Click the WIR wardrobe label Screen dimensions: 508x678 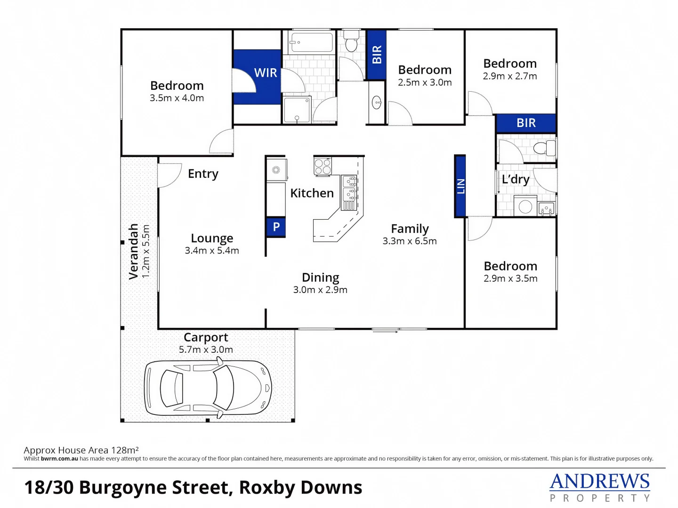[x=266, y=73]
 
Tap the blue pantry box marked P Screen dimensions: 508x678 [x=276, y=227]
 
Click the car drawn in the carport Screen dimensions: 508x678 [x=208, y=389]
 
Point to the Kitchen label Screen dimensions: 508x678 [x=312, y=193]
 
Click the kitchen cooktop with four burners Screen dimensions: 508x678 [x=323, y=166]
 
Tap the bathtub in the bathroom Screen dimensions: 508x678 [x=311, y=42]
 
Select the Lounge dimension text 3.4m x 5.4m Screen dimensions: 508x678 [x=212, y=251]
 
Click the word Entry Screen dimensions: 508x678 [x=203, y=174]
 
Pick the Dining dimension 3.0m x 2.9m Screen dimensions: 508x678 [x=320, y=290]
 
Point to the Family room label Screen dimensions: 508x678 [x=410, y=229]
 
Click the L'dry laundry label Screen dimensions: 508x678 [x=516, y=179]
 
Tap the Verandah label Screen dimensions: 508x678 [x=134, y=251]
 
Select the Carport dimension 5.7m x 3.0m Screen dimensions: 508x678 [x=206, y=349]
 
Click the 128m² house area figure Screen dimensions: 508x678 [x=125, y=450]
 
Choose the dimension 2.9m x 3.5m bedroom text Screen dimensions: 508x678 [x=510, y=278]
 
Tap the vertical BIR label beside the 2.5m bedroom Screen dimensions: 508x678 [x=377, y=55]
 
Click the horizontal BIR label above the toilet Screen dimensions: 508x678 [x=526, y=123]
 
